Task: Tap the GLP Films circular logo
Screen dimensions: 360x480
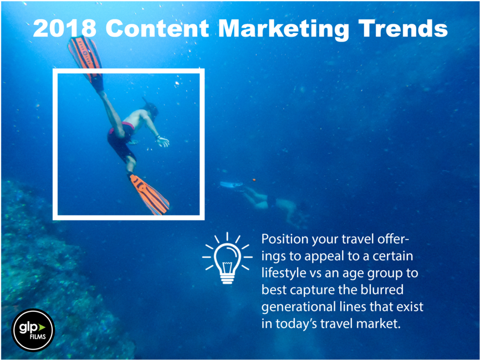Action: point(33,330)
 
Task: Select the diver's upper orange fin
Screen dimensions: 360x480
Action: point(85,55)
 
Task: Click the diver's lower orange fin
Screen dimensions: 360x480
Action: point(149,194)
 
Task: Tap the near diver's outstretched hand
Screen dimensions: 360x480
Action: point(163,142)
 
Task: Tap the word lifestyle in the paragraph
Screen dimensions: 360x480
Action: point(285,274)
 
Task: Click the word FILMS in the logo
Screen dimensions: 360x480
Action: point(33,337)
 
